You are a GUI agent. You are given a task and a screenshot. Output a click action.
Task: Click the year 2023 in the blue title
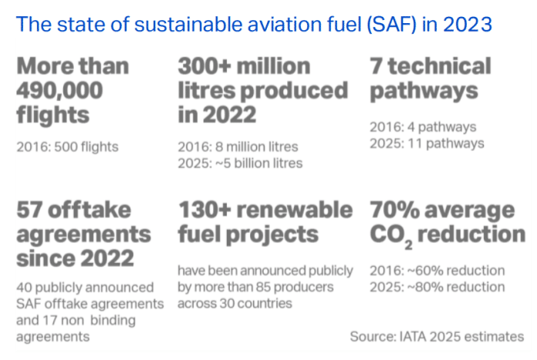467,25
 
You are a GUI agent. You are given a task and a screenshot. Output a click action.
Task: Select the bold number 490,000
59,90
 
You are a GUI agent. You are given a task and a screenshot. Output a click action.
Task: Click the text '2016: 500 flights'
67,146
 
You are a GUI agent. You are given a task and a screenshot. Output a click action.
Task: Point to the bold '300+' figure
204,66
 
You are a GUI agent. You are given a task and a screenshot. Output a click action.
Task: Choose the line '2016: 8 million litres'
238,146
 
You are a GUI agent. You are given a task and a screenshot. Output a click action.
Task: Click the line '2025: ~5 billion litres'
241,163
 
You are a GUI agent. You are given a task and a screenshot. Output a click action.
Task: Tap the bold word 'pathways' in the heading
424,91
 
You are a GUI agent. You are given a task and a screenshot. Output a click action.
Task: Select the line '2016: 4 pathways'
423,127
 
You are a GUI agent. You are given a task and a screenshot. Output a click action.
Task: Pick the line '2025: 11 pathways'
427,143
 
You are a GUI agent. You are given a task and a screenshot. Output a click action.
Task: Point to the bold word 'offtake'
89,210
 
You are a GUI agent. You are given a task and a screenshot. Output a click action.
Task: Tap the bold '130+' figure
204,210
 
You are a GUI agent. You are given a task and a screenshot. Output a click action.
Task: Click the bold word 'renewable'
295,210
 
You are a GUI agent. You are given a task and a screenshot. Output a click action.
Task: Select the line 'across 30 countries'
235,303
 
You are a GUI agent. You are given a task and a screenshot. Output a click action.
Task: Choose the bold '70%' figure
394,210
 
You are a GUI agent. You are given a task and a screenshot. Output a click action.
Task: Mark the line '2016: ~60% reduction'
437,271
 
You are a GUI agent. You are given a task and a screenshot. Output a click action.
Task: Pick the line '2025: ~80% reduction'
437,287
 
